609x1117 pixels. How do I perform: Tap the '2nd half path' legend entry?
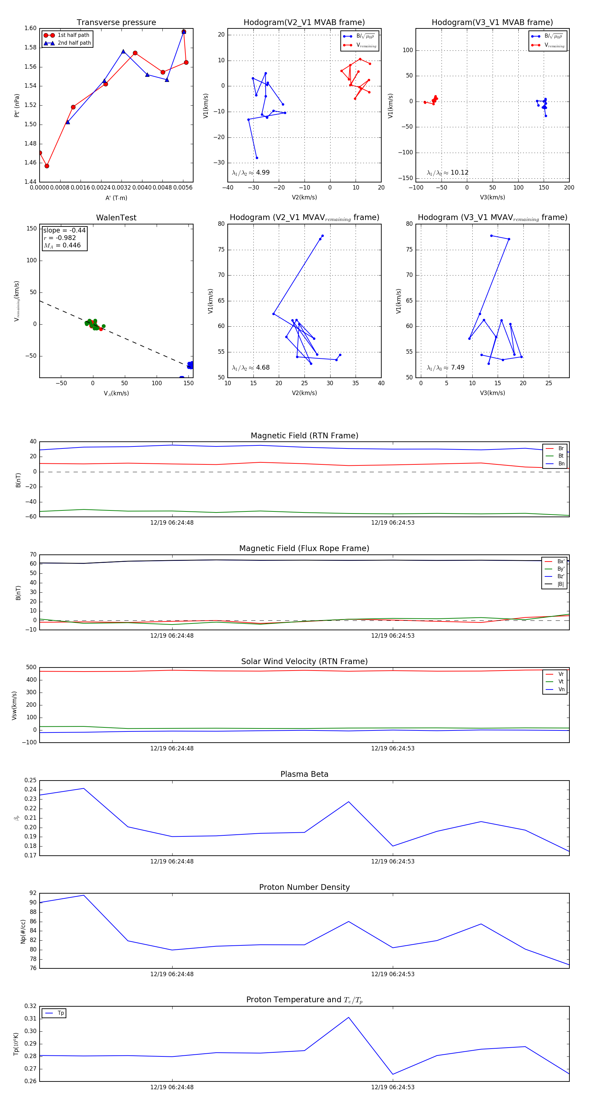click(x=74, y=43)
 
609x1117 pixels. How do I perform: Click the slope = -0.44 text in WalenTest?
click(x=64, y=230)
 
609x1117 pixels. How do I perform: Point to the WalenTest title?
click(x=116, y=218)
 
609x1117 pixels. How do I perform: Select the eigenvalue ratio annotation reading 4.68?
click(x=251, y=368)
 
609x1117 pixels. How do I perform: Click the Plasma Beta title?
click(x=304, y=774)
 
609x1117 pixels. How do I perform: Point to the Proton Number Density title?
click(x=304, y=887)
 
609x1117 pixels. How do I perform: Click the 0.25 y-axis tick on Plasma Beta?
click(x=30, y=780)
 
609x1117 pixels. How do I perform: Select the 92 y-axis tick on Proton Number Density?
click(x=33, y=893)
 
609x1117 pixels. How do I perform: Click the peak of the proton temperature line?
click(x=348, y=1017)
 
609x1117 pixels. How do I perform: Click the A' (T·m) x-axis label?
click(x=116, y=198)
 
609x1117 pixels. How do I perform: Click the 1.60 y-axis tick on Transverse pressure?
click(x=30, y=28)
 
